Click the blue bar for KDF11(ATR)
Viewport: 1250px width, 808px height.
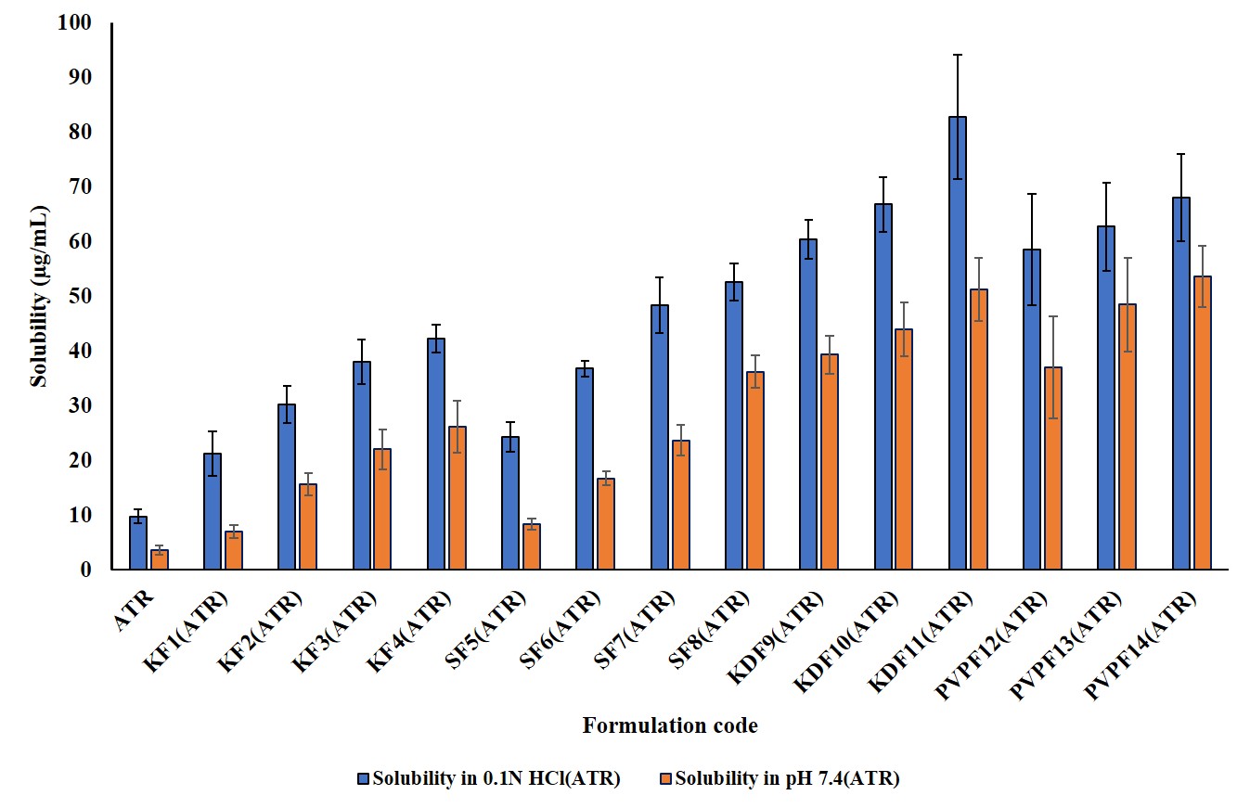pyautogui.click(x=957, y=343)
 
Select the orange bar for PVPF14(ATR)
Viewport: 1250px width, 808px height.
pyautogui.click(x=1202, y=423)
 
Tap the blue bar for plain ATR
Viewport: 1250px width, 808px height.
pyautogui.click(x=138, y=543)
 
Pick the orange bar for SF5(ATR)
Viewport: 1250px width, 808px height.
pyautogui.click(x=532, y=546)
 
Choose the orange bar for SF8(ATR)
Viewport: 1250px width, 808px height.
pyautogui.click(x=755, y=470)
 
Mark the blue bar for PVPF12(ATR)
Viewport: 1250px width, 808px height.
pyautogui.click(x=1031, y=409)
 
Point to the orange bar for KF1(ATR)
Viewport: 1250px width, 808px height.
pyautogui.click(x=234, y=550)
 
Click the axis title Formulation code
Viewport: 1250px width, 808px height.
pyautogui.click(x=670, y=725)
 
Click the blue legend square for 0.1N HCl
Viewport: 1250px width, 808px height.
pyautogui.click(x=364, y=779)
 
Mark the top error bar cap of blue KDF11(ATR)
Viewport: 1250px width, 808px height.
pyautogui.click(x=957, y=55)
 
